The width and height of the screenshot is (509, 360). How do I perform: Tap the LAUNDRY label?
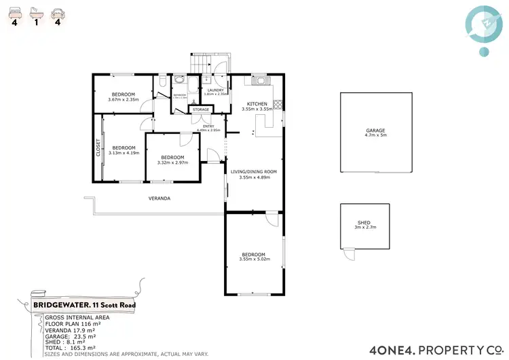click(x=216, y=90)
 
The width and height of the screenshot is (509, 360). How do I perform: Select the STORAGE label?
click(x=201, y=109)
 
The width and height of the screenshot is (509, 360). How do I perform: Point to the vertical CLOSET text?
click(x=98, y=147)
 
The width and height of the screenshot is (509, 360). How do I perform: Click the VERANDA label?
click(x=159, y=198)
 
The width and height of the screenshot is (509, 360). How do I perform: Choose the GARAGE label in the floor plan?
click(x=375, y=130)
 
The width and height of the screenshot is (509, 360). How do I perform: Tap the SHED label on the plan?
click(x=364, y=223)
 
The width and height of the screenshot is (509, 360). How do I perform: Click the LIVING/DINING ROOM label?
click(x=254, y=172)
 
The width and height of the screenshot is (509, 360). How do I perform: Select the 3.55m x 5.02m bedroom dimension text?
click(x=256, y=259)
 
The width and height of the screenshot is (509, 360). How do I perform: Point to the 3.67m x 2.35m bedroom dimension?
click(x=123, y=100)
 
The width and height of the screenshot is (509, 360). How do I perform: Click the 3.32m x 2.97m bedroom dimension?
click(x=172, y=162)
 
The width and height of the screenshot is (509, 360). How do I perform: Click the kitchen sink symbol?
click(x=260, y=81)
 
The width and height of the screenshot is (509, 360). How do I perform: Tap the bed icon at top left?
click(x=14, y=12)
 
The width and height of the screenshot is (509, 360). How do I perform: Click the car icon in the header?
click(x=59, y=12)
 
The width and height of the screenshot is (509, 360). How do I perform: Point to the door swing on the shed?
click(x=348, y=254)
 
